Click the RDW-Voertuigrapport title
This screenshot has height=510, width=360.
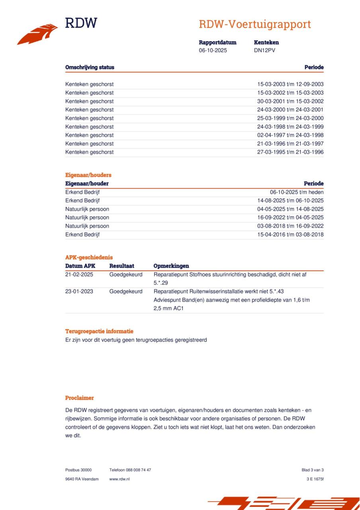[254, 24]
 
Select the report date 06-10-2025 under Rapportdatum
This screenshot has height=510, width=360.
[213, 51]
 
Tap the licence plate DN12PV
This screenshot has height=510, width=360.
[264, 51]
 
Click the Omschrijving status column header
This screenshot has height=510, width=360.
[90, 67]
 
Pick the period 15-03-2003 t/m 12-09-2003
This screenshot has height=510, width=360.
[290, 84]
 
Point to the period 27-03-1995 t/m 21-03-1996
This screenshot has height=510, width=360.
[290, 152]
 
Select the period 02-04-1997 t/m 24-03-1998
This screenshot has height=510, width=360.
[290, 135]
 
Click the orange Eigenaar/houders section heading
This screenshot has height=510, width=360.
[88, 175]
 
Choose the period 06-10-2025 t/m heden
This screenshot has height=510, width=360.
[297, 192]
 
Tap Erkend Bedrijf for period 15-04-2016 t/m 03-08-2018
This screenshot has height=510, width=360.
[82, 235]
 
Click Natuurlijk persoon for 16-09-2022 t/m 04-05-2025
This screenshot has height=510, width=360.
[87, 218]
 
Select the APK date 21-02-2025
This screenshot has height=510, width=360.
[79, 275]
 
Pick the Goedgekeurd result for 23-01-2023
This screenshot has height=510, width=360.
[126, 291]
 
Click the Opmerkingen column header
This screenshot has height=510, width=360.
[171, 266]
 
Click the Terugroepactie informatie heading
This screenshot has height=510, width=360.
[99, 331]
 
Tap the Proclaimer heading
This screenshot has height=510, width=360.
[80, 398]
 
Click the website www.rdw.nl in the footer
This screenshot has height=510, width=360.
[119, 479]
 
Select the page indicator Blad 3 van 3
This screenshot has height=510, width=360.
[313, 470]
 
